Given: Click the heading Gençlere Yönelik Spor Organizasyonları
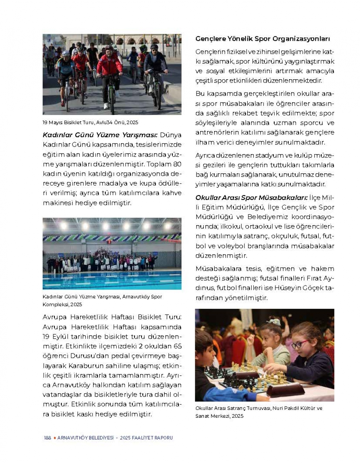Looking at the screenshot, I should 262,39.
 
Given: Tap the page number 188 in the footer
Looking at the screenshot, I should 47,438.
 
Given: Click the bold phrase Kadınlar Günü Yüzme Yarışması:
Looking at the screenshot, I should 100,135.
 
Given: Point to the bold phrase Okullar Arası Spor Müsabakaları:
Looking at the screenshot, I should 252,198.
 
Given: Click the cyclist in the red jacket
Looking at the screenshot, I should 109,68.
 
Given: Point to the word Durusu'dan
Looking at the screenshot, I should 85,356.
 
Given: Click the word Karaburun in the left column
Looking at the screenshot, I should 84,366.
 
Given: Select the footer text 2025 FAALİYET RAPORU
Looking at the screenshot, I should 147,438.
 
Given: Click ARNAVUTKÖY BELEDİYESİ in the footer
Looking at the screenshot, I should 85,438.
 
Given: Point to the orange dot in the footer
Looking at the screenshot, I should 54,438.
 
